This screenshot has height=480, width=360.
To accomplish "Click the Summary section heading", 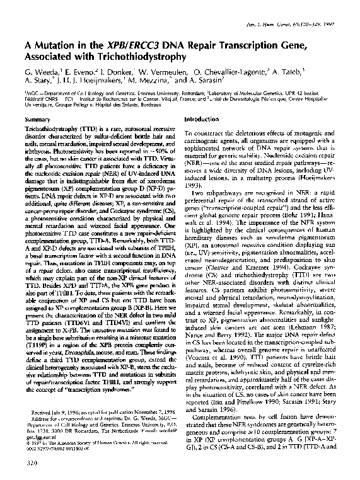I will [x=36, y=119].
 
